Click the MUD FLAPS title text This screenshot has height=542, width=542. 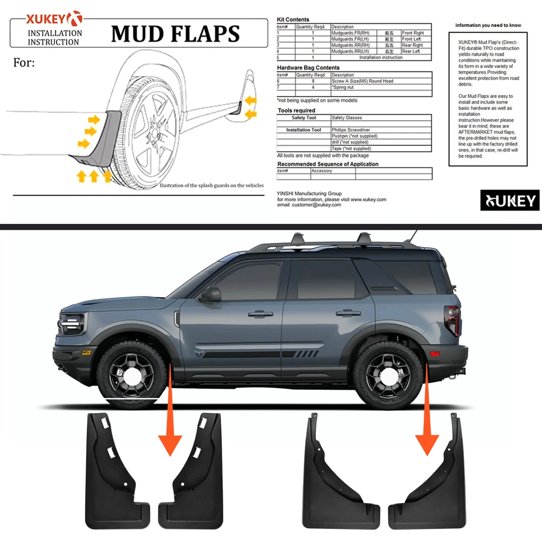point(175,34)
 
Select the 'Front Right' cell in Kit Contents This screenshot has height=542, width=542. point(413,33)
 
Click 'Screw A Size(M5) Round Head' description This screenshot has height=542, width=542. point(363,81)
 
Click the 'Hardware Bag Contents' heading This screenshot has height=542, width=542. point(308,68)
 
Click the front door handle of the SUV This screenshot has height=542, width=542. point(261,314)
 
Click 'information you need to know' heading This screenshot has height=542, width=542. point(488,25)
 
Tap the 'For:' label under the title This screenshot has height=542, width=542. point(24,63)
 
